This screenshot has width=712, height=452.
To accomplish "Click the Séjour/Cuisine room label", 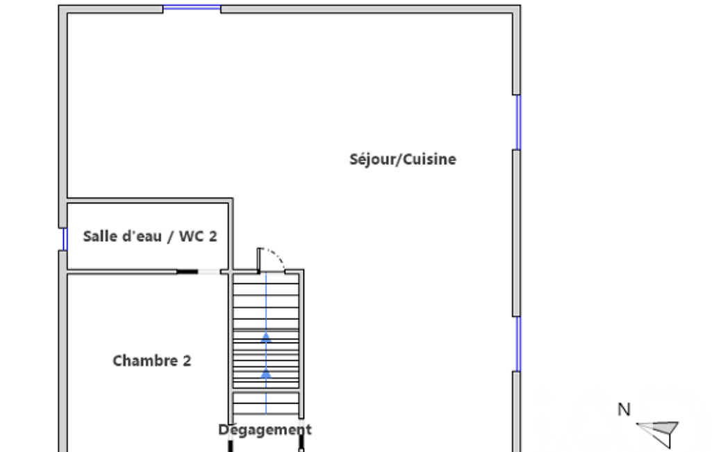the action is point(403,159).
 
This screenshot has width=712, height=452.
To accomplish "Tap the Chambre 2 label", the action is point(151,361).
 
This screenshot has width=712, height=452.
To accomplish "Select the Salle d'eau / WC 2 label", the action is point(150,236).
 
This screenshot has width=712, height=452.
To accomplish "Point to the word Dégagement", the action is point(265,430).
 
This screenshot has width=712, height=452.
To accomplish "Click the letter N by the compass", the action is point(624,410).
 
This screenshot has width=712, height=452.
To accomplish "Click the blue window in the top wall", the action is point(192,7).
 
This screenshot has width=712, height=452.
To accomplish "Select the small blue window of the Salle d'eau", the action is point(65,239).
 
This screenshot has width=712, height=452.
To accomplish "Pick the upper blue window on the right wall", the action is point(518,122).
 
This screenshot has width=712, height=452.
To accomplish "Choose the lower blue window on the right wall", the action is point(518,344).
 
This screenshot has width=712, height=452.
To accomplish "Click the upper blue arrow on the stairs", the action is point(266,337).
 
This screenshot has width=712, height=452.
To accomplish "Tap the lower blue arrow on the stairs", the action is point(266,373).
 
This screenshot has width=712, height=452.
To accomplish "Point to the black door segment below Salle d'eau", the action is point(187,272).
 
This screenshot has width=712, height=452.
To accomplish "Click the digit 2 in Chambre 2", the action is point(187,361).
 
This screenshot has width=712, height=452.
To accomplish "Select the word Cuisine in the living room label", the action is point(429,159).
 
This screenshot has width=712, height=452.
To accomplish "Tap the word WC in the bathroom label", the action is point(190,236).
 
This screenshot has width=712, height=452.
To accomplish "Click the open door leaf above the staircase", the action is point(259,260).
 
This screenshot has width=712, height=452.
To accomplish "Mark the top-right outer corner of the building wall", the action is point(520,6).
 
